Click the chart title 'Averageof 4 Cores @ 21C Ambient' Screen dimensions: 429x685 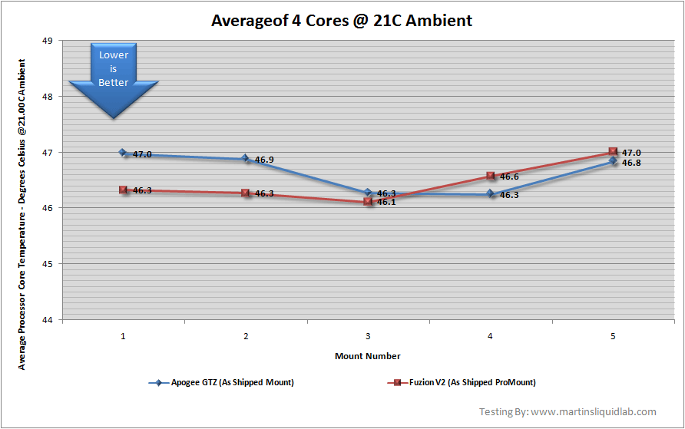pos(342,21)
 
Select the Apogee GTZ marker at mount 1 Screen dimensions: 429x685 pos(123,153)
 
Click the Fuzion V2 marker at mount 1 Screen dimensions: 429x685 pos(123,190)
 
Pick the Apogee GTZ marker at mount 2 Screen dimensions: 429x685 pos(245,159)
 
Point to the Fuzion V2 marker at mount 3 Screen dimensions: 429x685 pos(368,201)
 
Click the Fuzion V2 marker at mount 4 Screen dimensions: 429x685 pos(490,177)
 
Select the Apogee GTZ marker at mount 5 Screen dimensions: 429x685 pos(612,161)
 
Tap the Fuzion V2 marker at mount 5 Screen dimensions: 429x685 pos(612,152)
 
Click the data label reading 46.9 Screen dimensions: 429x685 pos(264,160)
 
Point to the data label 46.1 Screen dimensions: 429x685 pos(386,203)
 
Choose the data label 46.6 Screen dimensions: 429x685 pos(508,177)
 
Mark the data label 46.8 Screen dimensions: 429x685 pos(631,163)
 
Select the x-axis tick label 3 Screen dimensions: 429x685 pos(368,336)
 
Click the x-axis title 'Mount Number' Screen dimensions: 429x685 pos(367,356)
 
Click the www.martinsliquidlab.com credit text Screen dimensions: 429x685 pos(578,412)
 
